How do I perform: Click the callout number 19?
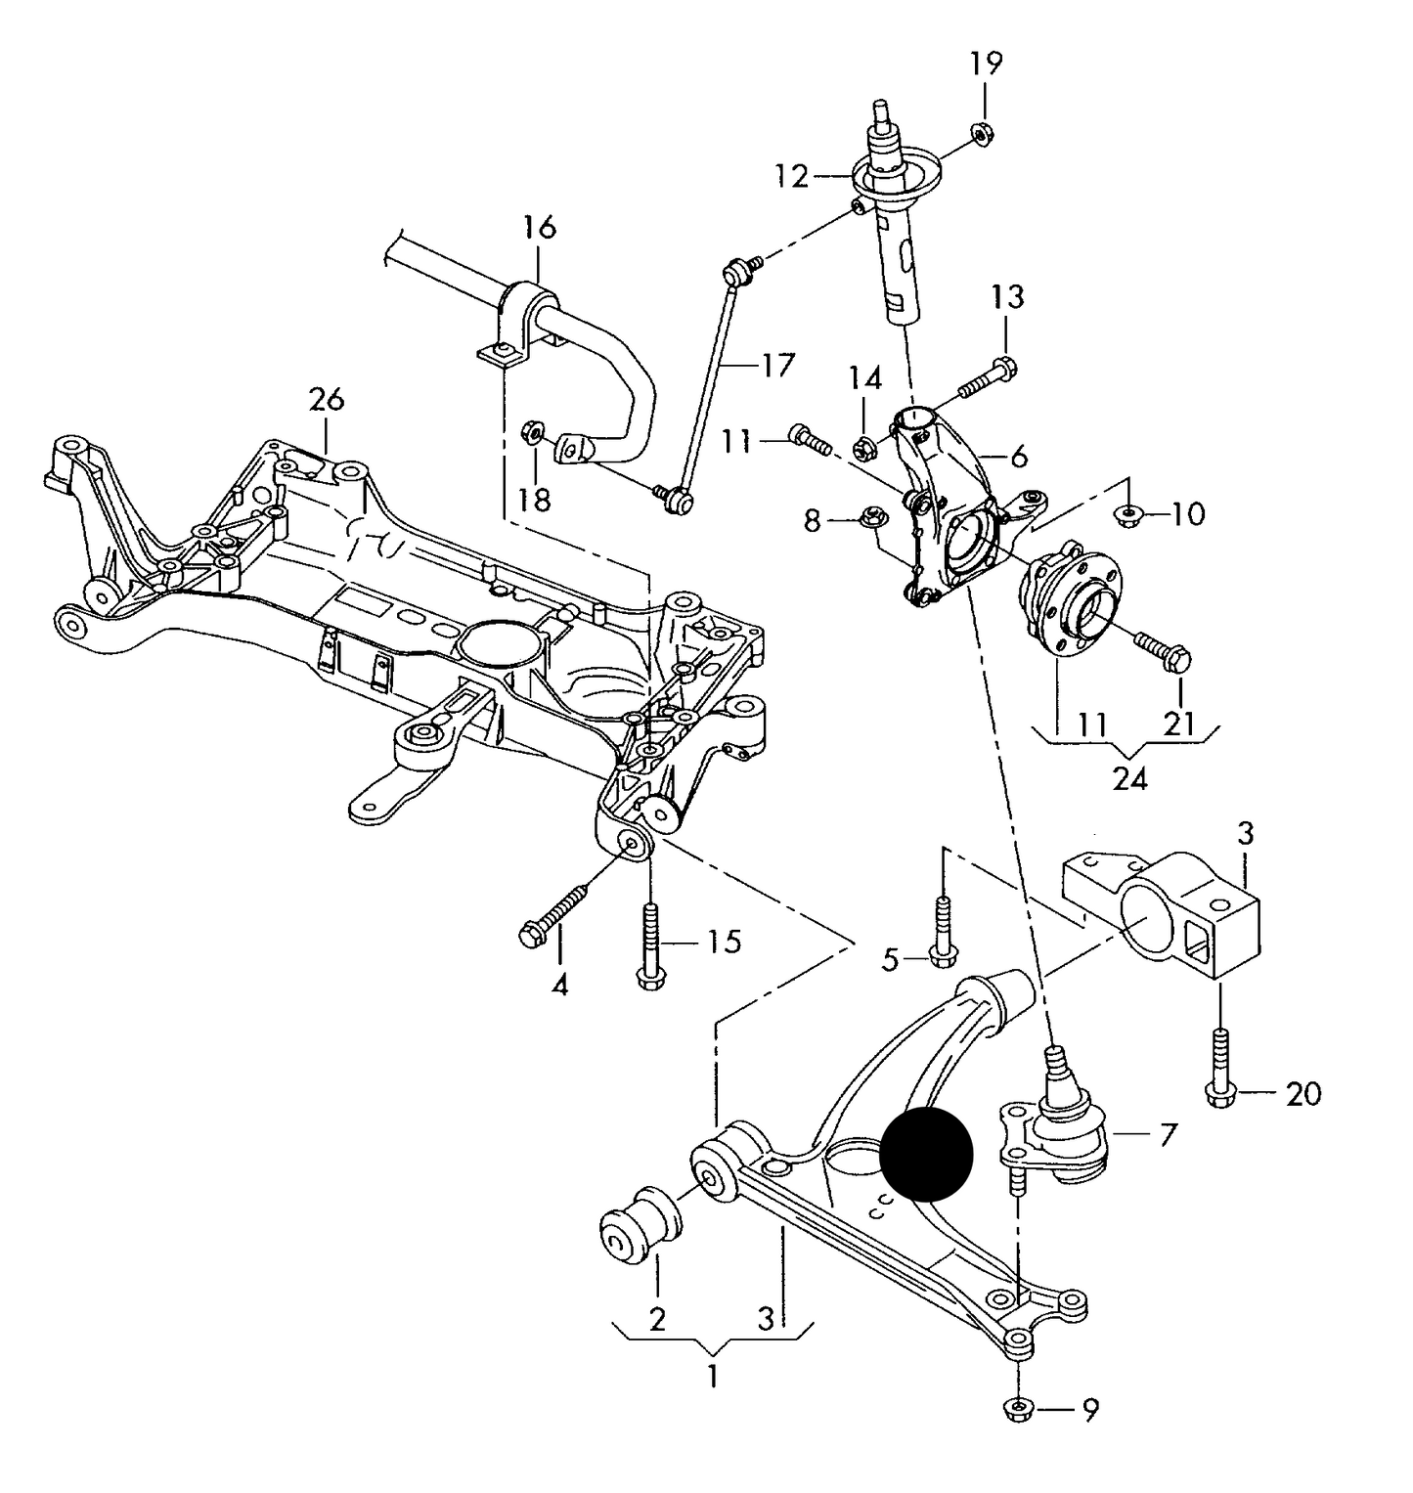pos(986,65)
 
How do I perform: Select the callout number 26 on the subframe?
pos(327,400)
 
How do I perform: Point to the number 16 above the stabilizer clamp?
pos(538,228)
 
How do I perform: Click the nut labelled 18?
pos(534,429)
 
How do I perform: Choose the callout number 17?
pos(778,366)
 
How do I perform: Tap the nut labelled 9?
pos(1018,1409)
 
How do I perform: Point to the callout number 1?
pos(713,1376)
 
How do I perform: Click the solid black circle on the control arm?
pos(926,1155)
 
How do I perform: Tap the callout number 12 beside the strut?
pos(792,177)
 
